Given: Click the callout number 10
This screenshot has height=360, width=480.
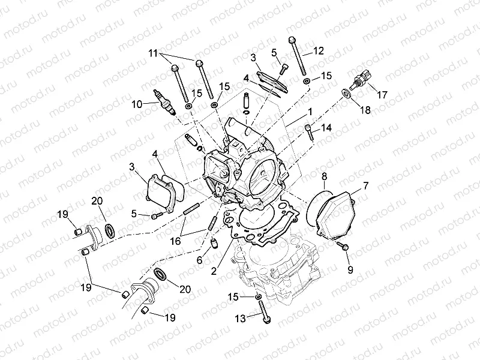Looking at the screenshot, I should click(137, 104).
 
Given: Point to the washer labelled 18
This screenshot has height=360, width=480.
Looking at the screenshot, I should click(347, 92).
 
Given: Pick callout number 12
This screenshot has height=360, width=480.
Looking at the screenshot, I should click(318, 50).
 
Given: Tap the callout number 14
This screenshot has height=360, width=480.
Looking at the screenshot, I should click(326, 128).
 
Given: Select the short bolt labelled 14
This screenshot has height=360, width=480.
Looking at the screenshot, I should click(310, 130).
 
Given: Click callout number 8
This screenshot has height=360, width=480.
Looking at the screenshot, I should click(324, 176).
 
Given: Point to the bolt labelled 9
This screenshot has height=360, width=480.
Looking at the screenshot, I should click(345, 247).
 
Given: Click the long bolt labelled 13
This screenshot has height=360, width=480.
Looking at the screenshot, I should click(262, 310).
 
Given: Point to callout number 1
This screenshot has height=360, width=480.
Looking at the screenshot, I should click(310, 112).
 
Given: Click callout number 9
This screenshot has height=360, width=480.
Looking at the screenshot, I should click(350, 269).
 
